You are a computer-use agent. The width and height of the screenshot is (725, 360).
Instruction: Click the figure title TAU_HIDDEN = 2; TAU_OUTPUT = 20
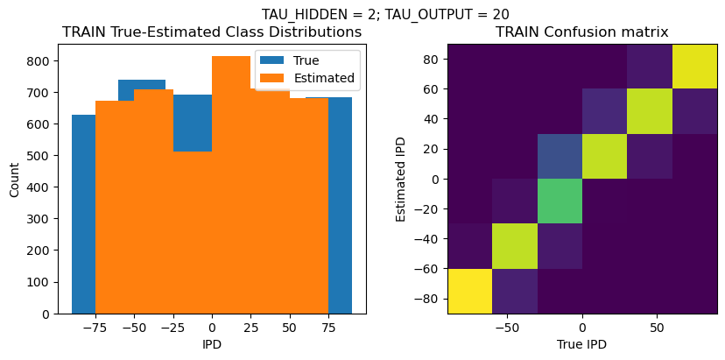[385, 14]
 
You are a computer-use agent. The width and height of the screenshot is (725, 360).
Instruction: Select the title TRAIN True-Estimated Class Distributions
[212, 32]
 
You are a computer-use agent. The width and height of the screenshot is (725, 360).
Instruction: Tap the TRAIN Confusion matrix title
[582, 32]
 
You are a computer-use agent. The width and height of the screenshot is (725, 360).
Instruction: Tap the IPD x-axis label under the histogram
[212, 344]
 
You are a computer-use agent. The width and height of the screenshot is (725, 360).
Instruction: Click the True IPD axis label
[582, 344]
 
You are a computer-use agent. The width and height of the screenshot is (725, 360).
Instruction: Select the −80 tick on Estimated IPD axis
[429, 299]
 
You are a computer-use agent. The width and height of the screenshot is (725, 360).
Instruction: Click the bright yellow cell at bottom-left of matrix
[469, 291]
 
